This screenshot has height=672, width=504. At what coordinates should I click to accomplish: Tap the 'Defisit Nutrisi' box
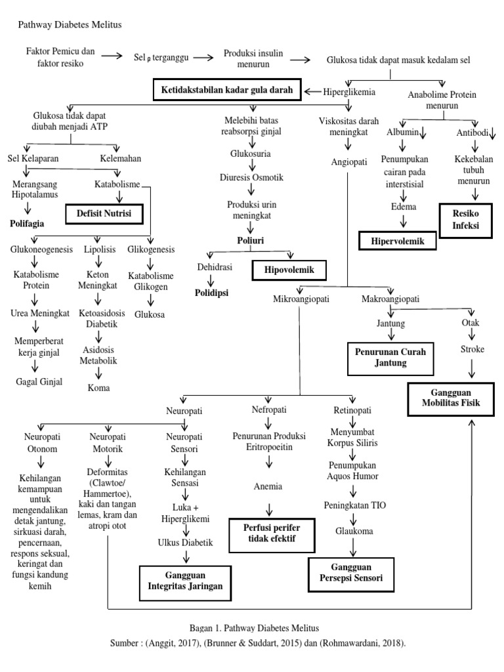104,213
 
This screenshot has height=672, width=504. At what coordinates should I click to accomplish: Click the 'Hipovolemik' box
289,269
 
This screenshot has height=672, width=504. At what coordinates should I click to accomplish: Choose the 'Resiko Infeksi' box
465,219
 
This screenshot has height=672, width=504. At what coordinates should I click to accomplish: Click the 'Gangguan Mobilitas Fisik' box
451,396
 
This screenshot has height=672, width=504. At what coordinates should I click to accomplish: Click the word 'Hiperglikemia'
349,92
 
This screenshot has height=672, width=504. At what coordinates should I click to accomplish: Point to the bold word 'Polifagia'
27,223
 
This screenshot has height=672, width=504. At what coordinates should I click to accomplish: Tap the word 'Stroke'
472,349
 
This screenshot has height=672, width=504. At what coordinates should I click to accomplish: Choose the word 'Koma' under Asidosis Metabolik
98,388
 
